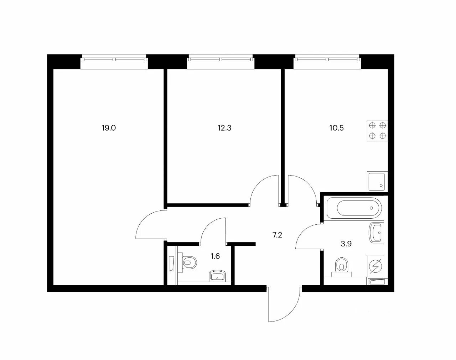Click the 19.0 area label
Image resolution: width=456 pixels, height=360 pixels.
pyautogui.click(x=109, y=128)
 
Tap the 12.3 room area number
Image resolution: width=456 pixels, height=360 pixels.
pyautogui.click(x=224, y=128)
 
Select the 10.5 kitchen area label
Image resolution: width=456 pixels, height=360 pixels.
pyautogui.click(x=337, y=128)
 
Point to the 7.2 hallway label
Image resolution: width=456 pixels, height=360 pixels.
pyautogui.click(x=277, y=235)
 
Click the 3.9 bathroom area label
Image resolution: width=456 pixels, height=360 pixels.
pyautogui.click(x=346, y=244)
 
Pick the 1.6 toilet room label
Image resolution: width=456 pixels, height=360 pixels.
pyautogui.click(x=215, y=256)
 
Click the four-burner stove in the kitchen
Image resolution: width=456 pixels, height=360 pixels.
pyautogui.click(x=377, y=130)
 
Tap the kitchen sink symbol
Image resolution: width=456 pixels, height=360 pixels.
pyautogui.click(x=377, y=182)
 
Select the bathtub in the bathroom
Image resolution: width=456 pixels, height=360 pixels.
pyautogui.click(x=354, y=208)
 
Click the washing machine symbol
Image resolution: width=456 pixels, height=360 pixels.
pyautogui.click(x=375, y=266)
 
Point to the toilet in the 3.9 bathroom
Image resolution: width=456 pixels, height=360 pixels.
pyautogui.click(x=342, y=267)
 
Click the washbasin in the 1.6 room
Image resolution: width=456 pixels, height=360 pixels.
pyautogui.click(x=218, y=276)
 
